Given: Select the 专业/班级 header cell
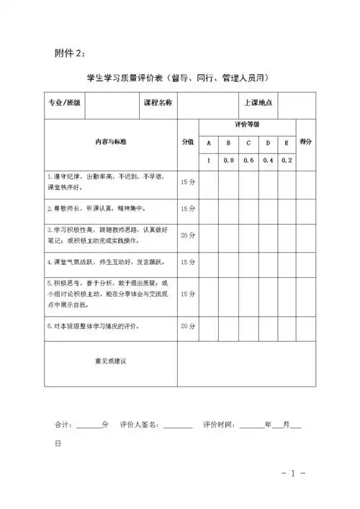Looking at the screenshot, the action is [x=64, y=104].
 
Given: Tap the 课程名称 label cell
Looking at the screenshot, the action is [x=158, y=104].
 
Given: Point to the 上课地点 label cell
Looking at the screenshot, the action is [x=258, y=104].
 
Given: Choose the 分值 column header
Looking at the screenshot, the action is [x=187, y=142].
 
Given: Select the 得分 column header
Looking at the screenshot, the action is [x=305, y=142].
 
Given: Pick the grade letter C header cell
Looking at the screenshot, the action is [x=248, y=143].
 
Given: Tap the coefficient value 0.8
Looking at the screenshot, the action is [x=228, y=160].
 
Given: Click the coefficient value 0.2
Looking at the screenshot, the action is [x=286, y=160].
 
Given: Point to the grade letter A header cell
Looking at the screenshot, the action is [x=209, y=143].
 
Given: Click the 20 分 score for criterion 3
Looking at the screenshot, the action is [x=187, y=235].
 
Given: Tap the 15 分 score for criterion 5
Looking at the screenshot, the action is [x=187, y=294].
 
